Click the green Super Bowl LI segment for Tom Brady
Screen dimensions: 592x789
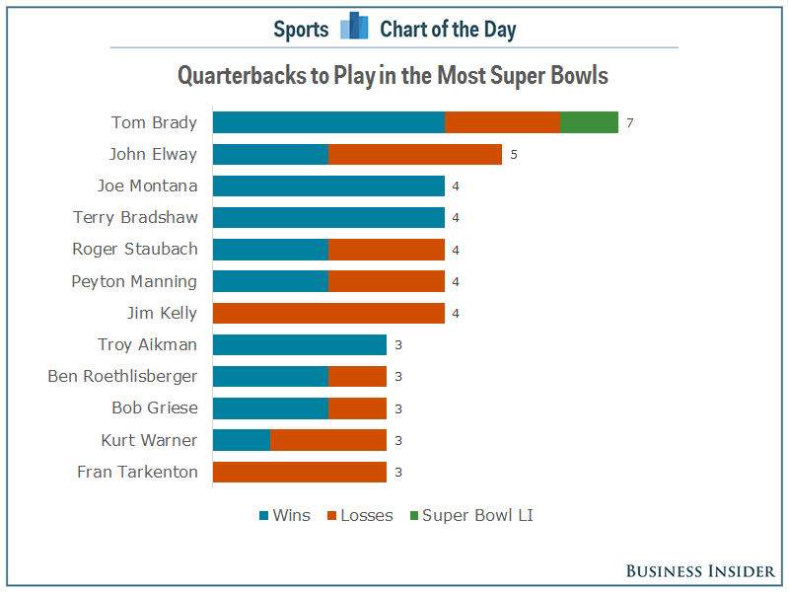589,122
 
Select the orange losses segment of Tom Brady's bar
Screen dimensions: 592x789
502,122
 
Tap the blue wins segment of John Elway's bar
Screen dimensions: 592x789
270,154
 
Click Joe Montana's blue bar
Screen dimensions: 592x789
328,185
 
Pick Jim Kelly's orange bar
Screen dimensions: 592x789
328,313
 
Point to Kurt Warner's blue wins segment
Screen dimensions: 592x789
241,440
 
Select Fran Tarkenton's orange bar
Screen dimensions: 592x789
299,472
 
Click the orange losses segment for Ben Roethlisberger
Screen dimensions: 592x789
357,376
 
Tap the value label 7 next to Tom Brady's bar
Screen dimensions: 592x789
629,123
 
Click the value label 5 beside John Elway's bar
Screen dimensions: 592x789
513,155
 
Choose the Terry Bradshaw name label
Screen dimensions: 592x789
135,217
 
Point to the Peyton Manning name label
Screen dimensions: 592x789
134,281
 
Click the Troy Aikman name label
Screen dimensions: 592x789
148,344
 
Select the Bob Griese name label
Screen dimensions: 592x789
155,407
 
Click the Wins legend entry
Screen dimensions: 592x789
285,515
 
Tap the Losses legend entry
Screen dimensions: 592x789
360,515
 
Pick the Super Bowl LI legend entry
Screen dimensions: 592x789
470,515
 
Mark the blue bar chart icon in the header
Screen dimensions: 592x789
353,28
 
